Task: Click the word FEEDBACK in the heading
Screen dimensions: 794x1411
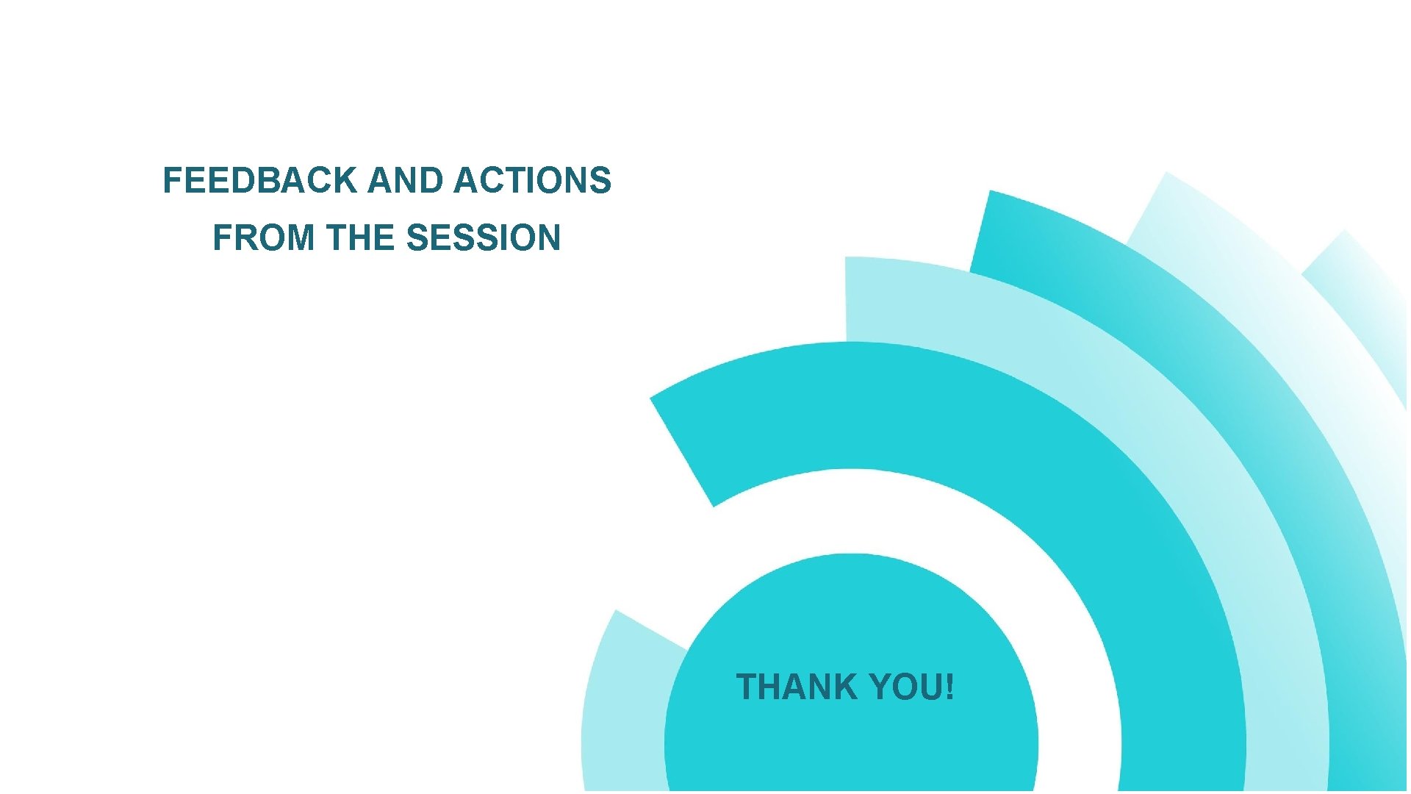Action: [259, 181]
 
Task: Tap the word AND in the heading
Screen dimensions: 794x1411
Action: [406, 181]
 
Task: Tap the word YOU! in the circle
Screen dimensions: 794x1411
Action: [911, 687]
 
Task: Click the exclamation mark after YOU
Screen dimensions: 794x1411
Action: [950, 687]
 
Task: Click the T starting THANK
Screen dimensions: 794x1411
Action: [748, 687]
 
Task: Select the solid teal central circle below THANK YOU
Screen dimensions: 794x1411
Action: [851, 743]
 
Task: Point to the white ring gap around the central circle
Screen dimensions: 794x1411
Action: [852, 511]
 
